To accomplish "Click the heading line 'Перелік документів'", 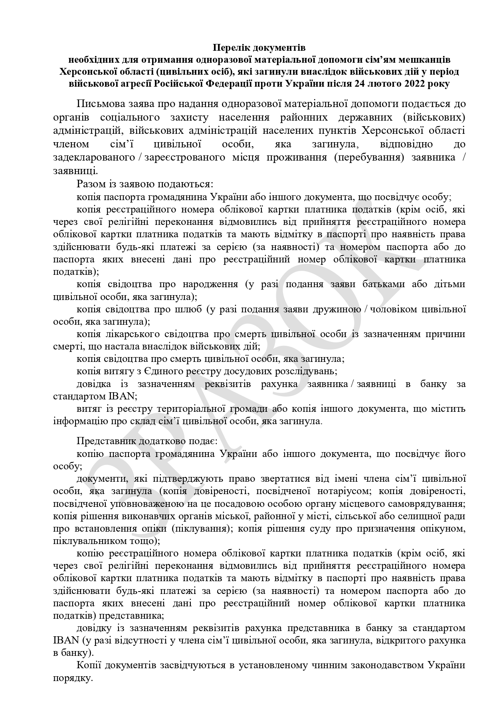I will point(259,48).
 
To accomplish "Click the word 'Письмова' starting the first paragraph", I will point(98,104).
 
